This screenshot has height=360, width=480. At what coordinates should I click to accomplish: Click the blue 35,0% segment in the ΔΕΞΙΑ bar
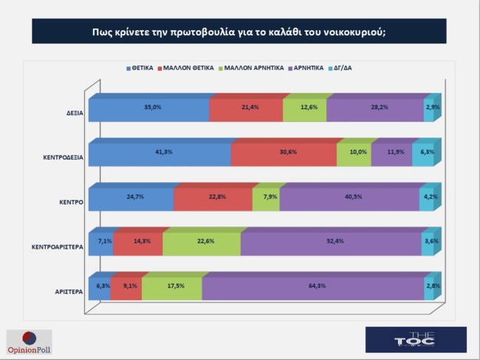(x=149, y=109)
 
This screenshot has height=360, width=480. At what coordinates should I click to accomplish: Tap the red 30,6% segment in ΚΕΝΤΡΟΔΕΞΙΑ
(x=284, y=154)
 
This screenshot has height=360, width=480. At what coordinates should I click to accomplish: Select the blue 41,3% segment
(x=160, y=154)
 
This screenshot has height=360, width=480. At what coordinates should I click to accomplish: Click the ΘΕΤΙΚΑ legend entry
(x=140, y=68)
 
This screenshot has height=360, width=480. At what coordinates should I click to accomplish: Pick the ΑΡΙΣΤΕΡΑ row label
(x=68, y=292)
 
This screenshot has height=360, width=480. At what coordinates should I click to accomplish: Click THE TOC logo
(x=416, y=339)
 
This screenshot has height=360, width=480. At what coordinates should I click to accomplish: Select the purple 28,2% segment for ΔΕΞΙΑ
(x=374, y=109)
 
